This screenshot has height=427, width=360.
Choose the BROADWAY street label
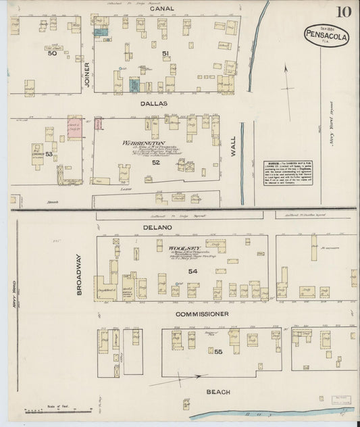78,274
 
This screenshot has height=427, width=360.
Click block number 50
52,53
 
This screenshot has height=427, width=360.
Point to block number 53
49,154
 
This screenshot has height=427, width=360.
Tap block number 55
218,352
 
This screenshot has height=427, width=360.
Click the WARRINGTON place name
143,143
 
